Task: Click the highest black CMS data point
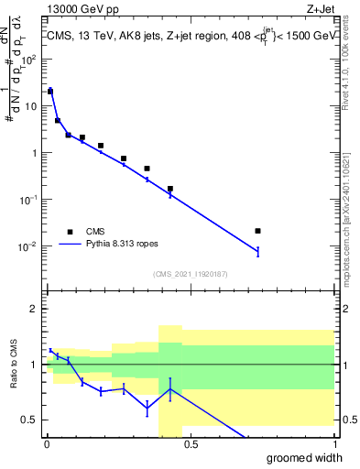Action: point(50,92)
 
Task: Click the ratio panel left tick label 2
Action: point(36,309)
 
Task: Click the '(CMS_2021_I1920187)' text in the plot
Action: point(190,273)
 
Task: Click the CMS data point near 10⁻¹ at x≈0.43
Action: point(170,189)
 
